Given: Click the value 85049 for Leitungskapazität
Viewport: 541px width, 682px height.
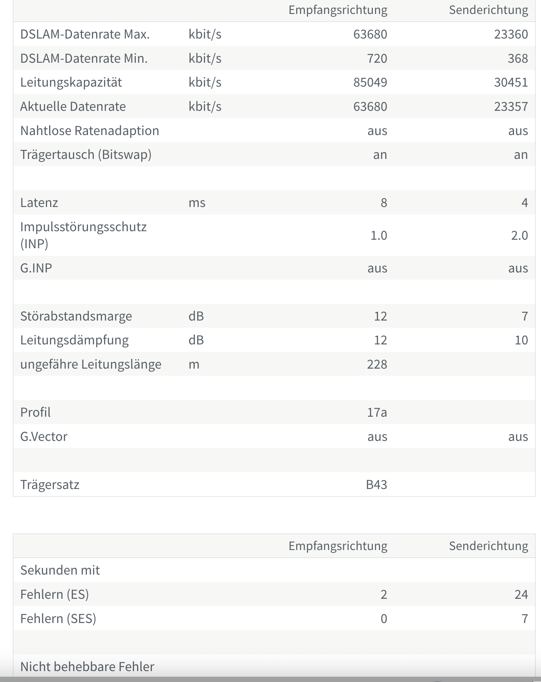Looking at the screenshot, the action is [370, 83].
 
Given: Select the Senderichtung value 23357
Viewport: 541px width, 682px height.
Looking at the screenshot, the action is [511, 107].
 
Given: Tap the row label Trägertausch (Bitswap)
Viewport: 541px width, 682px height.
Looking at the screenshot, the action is [86, 155].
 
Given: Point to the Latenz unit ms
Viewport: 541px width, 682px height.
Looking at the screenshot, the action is [197, 203].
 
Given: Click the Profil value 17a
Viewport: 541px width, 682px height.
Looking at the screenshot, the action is [377, 413].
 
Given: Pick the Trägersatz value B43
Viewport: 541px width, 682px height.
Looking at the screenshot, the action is [376, 485].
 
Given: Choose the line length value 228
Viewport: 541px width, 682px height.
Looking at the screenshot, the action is [377, 365].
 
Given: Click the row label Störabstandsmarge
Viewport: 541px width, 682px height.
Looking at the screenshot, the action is [76, 316].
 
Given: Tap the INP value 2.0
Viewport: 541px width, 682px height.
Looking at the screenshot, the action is [519, 236].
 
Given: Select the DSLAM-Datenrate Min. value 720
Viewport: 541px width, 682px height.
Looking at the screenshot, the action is [377, 59].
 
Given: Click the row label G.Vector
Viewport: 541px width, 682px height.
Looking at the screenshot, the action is [44, 437].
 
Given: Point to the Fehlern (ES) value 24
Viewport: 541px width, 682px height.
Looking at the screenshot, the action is [521, 595].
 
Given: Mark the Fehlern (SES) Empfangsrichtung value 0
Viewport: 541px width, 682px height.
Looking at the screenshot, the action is [383, 619].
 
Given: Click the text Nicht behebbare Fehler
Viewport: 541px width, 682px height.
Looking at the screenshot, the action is [87, 667].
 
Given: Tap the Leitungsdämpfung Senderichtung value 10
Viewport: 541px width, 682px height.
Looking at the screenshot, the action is [521, 340].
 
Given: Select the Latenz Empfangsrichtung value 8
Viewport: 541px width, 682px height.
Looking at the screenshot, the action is [383, 203].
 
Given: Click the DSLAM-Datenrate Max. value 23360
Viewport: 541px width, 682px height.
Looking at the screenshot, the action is [511, 34].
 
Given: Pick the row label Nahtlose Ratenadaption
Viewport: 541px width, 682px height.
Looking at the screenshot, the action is [89, 131].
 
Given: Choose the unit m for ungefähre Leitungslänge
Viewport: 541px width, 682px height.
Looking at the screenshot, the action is [194, 365].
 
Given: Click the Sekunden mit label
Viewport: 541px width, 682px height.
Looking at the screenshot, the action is [60, 570].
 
